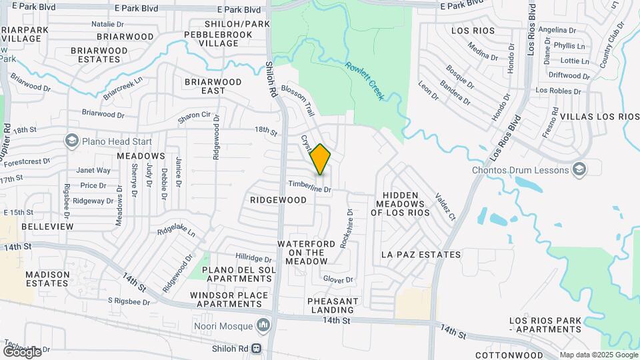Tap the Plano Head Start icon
71,141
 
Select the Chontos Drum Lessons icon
579,169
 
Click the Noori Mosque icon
263,326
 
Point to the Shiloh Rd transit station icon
255,347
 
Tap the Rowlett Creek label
365,81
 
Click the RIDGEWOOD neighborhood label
279,200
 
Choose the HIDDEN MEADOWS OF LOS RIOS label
401,204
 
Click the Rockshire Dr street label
345,229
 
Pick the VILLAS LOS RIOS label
599,117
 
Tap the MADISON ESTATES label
47,279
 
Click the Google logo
22,351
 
